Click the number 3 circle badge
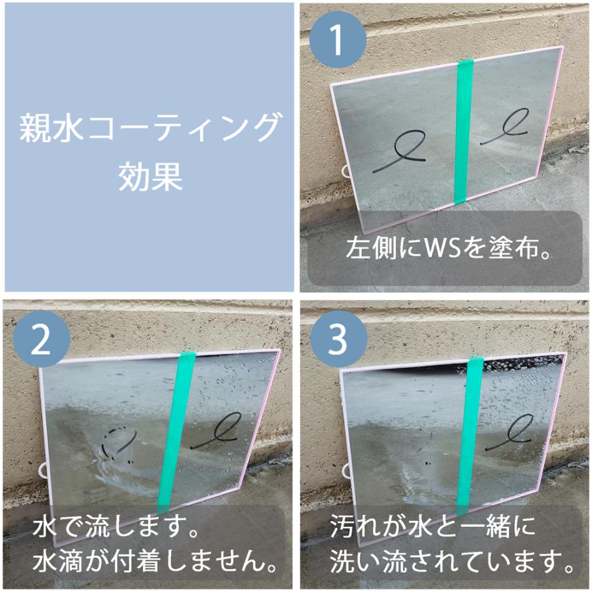click(x=337, y=340)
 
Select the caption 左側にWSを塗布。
click(x=447, y=249)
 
